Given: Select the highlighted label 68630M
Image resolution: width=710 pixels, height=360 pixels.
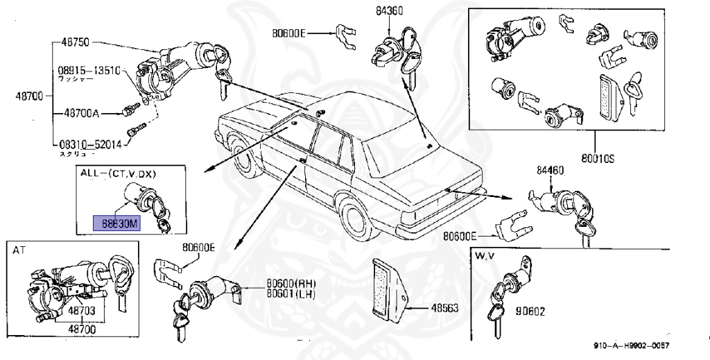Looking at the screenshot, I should pyautogui.click(x=116, y=223).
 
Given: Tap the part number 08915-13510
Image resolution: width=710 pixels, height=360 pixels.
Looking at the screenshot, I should pyautogui.click(x=89, y=71).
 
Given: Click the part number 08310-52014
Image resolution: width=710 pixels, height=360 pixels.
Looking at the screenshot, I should pyautogui.click(x=89, y=144).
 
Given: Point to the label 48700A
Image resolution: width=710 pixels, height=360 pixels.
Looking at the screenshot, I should pyautogui.click(x=82, y=112).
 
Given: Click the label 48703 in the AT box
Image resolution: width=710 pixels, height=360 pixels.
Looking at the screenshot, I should pyautogui.click(x=81, y=314).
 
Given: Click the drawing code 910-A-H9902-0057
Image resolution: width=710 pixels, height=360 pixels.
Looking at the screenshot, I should pyautogui.click(x=636, y=346).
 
